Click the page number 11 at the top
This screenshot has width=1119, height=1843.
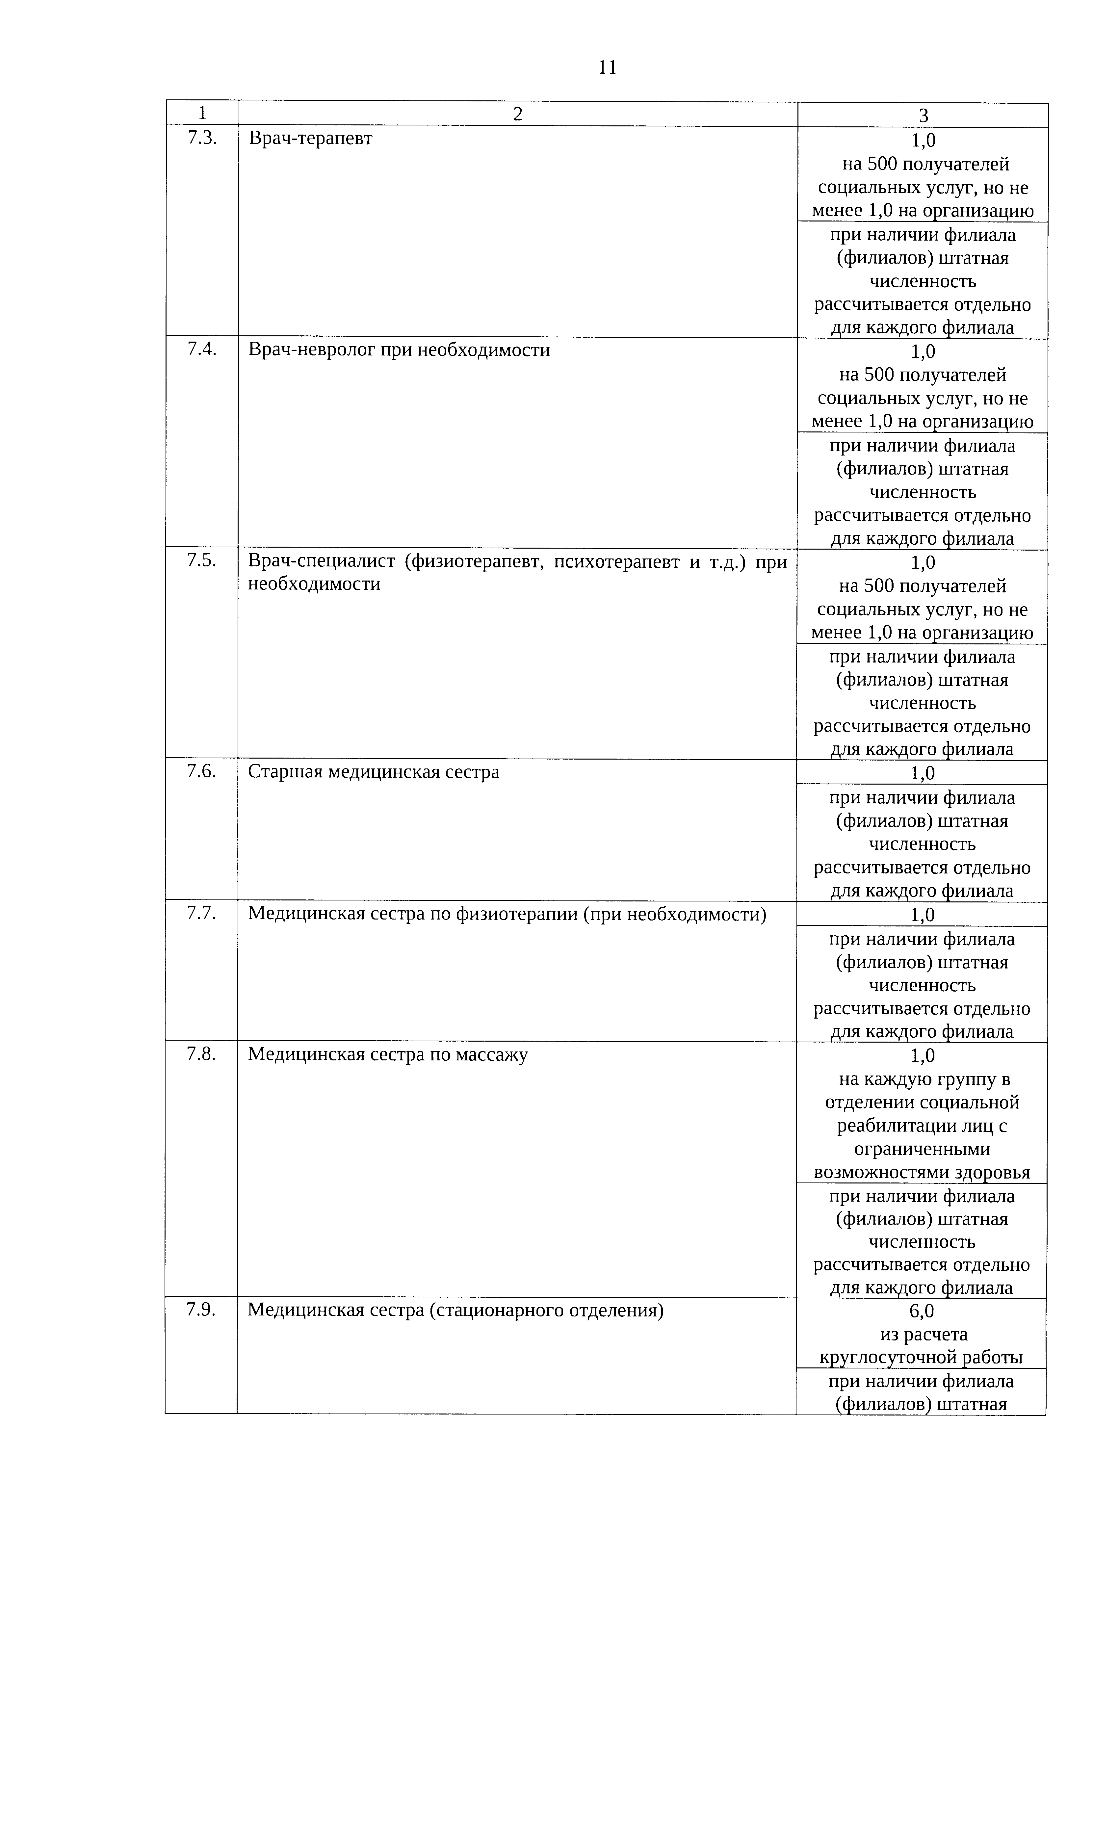pyautogui.click(x=607, y=68)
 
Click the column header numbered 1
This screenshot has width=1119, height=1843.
pyautogui.click(x=202, y=114)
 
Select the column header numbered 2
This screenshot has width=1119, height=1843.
pyautogui.click(x=518, y=114)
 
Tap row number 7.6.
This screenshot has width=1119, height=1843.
pyautogui.click(x=202, y=771)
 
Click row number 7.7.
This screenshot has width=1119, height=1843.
pyautogui.click(x=202, y=913)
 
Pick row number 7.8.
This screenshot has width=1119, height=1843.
pyautogui.click(x=202, y=1054)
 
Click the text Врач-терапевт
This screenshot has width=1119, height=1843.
pyautogui.click(x=310, y=138)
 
